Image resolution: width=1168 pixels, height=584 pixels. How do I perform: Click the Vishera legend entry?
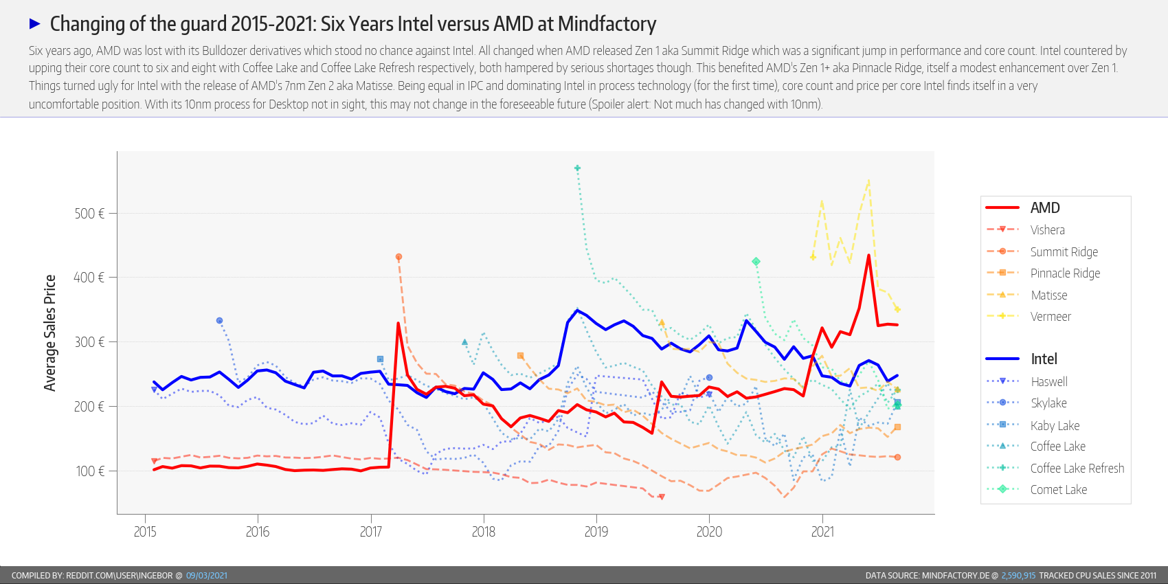click(x=1047, y=230)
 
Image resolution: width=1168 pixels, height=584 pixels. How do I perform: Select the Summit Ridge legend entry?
click(x=1064, y=252)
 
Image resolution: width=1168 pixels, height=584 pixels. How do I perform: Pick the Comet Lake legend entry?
click(x=1058, y=490)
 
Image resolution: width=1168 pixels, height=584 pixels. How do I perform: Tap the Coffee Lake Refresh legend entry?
click(x=1077, y=469)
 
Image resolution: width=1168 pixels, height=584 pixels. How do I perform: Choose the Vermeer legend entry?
click(x=1051, y=317)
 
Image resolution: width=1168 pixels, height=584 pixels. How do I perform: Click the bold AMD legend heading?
click(x=1045, y=208)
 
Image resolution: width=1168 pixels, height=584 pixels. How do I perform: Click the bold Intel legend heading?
click(x=1044, y=359)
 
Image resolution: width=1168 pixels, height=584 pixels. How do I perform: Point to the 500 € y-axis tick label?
click(x=89, y=214)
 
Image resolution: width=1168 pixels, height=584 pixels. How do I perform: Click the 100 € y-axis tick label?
click(x=90, y=471)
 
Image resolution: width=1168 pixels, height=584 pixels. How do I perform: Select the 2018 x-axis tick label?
click(x=484, y=532)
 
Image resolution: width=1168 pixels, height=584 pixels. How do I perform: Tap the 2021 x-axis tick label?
click(x=822, y=532)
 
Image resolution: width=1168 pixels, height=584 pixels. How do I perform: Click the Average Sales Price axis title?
click(x=49, y=333)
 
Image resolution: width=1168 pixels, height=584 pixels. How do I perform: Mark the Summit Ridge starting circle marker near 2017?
click(x=398, y=257)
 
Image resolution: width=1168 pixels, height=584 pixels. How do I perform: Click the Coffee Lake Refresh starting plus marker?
click(x=578, y=168)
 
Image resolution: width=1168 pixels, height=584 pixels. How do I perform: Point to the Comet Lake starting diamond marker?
click(x=756, y=262)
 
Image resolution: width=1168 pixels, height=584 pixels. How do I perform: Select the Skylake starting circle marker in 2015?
click(x=219, y=321)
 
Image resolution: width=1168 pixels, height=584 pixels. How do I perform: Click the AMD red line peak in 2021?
click(x=868, y=256)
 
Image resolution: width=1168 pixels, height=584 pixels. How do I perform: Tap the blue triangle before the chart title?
click(x=35, y=24)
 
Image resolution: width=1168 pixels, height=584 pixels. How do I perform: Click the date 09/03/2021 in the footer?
click(x=206, y=576)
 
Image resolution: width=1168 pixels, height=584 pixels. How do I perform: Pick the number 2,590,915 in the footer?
click(x=1018, y=576)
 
